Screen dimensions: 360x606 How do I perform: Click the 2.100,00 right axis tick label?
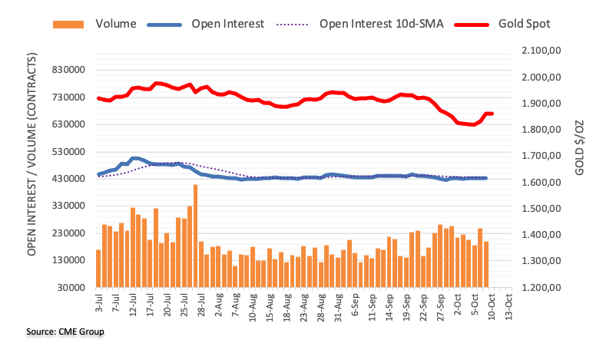click(x=541, y=51)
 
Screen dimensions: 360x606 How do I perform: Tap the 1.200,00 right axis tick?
click(x=541, y=288)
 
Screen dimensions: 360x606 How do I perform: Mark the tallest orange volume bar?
click(x=196, y=236)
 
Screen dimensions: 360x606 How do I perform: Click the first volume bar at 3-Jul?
click(x=98, y=269)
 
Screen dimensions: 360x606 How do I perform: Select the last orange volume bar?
click(x=486, y=264)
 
